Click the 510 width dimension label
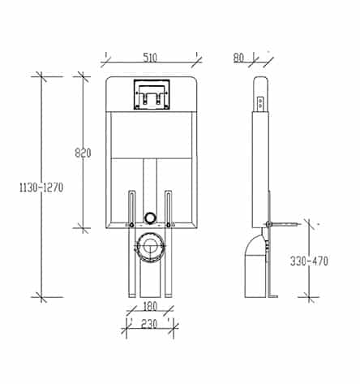(150, 58)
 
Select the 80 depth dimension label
(238, 58)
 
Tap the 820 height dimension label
(83, 153)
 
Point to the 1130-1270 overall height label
(41, 188)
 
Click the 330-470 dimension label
(309, 261)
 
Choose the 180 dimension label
(150, 307)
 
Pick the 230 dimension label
(149, 324)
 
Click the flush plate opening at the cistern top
(152, 94)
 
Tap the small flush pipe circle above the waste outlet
(150, 218)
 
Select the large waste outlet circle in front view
(151, 247)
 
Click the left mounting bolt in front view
(131, 225)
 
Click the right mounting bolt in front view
(169, 225)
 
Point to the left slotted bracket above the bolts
(131, 206)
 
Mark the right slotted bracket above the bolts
(169, 206)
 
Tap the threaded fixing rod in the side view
(284, 224)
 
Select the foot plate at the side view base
(273, 296)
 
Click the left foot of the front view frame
(132, 296)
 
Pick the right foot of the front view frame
(169, 296)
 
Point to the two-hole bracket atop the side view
(260, 103)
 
